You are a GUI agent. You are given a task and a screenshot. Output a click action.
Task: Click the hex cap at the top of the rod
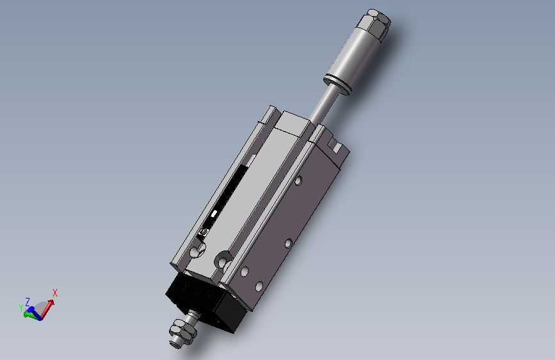374,24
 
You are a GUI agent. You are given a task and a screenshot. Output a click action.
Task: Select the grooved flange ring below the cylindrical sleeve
337,85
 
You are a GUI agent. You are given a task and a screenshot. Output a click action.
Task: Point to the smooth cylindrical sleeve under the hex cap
355,57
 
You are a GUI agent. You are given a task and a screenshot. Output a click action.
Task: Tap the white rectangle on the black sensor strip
214,214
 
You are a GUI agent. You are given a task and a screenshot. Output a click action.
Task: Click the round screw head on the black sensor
203,232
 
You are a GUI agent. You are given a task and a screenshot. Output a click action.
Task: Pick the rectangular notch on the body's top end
334,144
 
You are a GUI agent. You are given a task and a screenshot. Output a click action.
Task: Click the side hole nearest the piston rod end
298,181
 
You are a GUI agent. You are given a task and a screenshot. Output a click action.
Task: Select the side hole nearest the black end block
259,286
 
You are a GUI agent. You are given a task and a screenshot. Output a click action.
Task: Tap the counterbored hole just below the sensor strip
196,250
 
